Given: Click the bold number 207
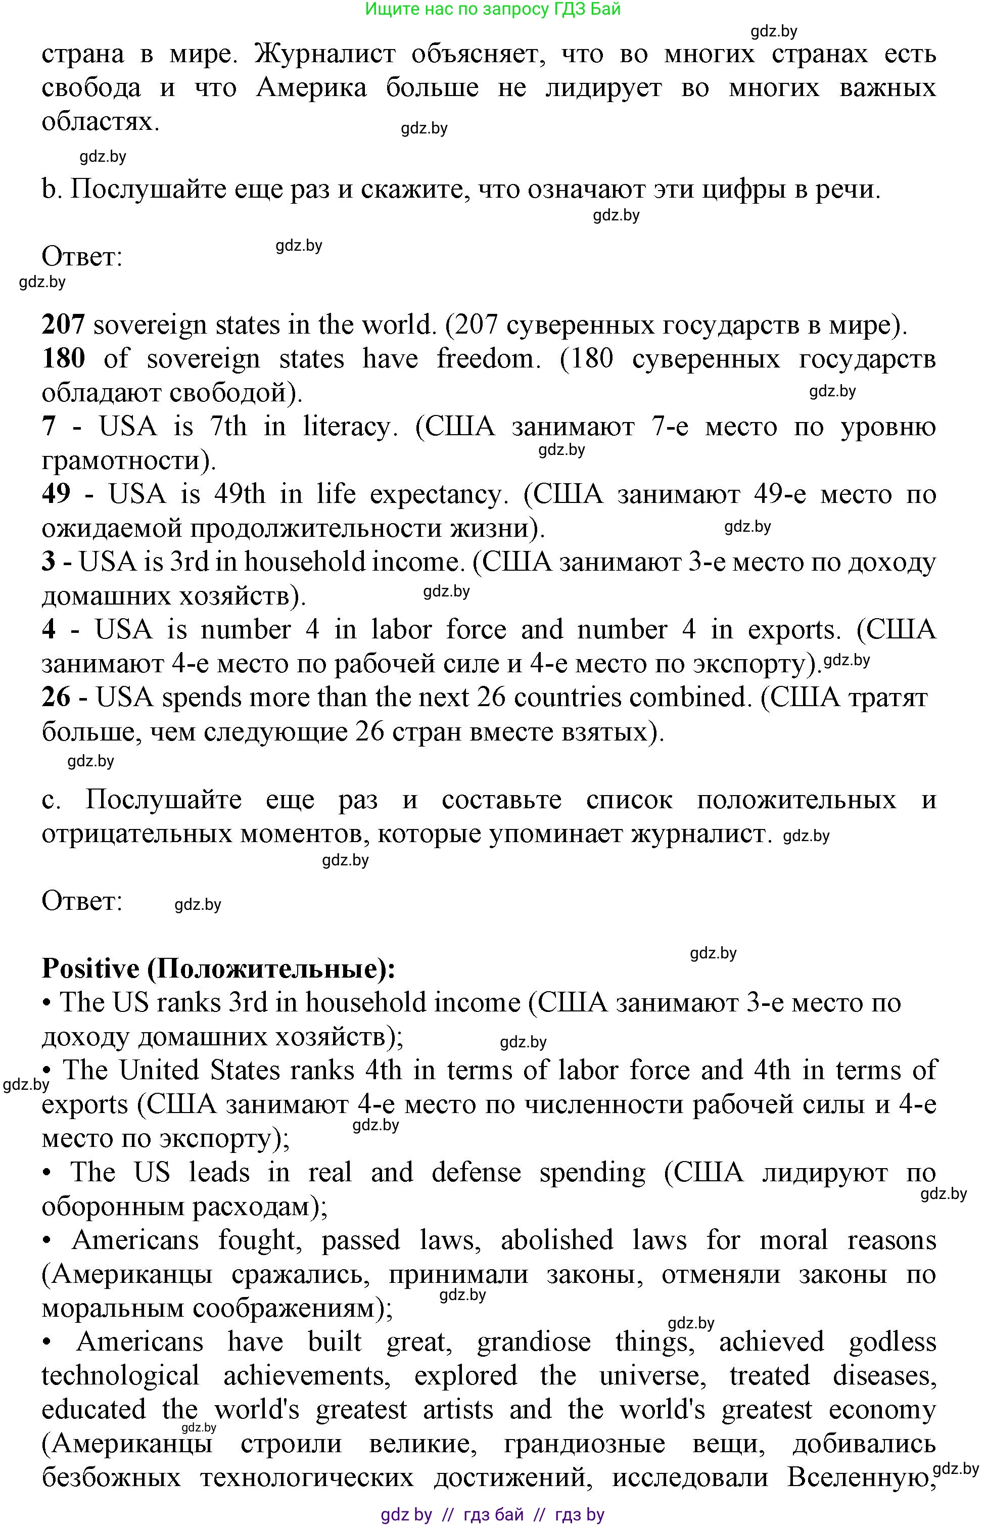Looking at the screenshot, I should click(63, 325).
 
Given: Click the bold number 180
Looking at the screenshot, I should click(63, 359).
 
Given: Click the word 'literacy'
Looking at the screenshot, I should click(346, 427).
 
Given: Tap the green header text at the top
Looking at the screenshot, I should click(493, 9).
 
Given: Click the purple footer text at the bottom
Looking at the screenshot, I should click(493, 1514).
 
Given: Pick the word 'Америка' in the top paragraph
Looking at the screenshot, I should click(311, 88).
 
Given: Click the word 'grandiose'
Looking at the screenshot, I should click(533, 1342).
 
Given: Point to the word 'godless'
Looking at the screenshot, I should click(892, 1342).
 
